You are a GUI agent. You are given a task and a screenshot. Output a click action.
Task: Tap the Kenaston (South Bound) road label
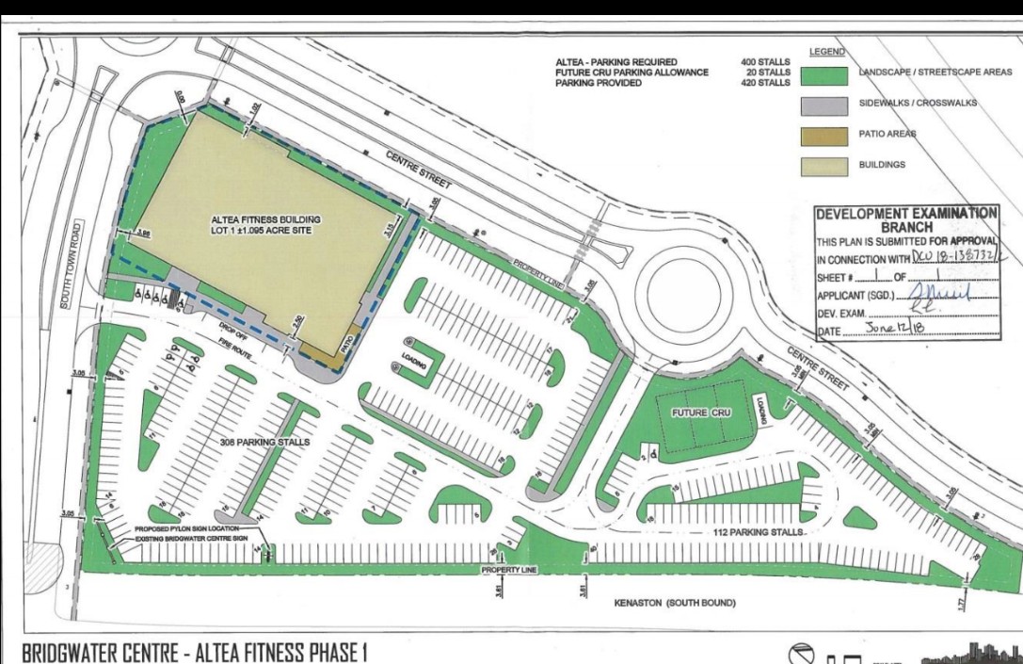pyautogui.click(x=674, y=603)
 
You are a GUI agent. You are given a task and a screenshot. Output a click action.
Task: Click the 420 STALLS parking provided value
pyautogui.click(x=766, y=83)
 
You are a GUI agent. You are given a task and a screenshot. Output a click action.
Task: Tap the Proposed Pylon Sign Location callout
pyautogui.click(x=187, y=529)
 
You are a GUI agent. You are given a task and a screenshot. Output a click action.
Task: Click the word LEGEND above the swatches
pyautogui.click(x=826, y=52)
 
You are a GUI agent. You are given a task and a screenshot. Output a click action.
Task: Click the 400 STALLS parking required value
pyautogui.click(x=766, y=62)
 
